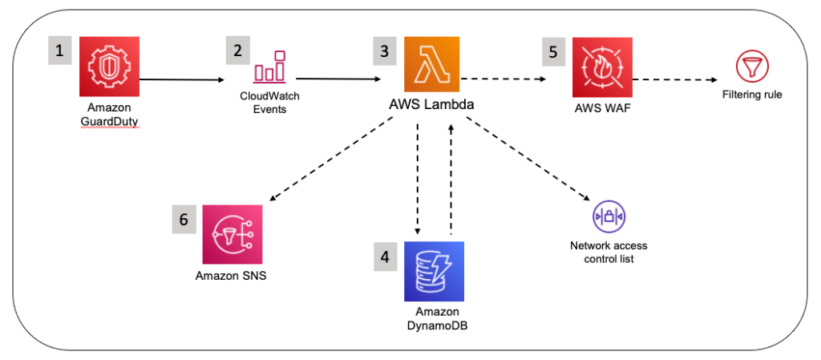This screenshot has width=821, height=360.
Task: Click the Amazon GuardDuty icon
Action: (109, 67)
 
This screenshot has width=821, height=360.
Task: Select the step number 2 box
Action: (237, 51)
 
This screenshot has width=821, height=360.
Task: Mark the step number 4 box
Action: (385, 257)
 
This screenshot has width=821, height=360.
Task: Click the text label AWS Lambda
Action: (431, 106)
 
